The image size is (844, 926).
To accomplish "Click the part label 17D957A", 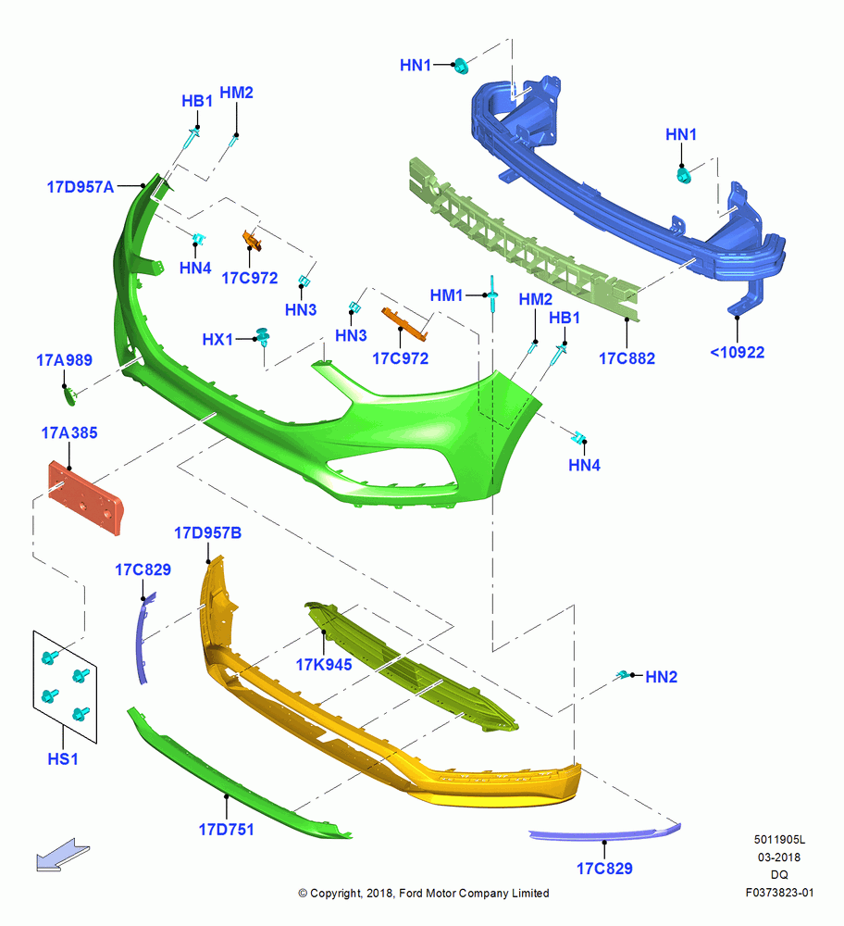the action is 81,187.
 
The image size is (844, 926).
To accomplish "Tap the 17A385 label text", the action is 69,432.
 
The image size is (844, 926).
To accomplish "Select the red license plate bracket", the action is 85,498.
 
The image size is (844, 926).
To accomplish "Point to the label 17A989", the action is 65,360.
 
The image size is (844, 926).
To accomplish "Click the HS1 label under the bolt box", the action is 63,759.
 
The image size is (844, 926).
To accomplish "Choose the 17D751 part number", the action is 226,830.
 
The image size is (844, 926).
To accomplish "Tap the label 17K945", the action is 323,665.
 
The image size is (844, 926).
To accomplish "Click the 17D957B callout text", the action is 207,533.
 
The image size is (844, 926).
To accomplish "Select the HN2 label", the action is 661,677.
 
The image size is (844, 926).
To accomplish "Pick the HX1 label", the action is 217,340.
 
